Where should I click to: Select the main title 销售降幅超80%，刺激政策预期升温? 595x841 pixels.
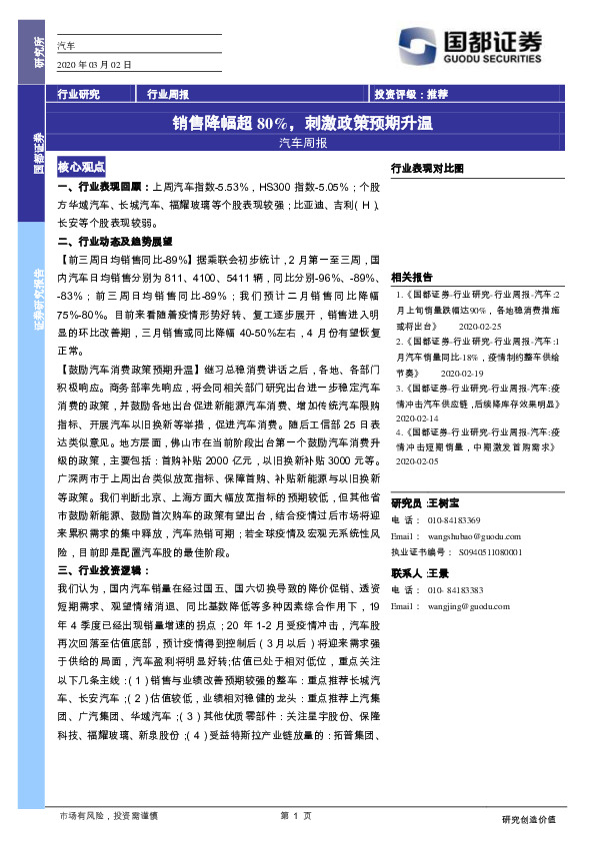tap(302, 124)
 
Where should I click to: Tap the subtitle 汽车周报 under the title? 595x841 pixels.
tap(302, 143)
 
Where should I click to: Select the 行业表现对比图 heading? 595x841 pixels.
tap(427, 169)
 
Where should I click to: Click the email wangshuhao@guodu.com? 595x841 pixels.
tap(465, 535)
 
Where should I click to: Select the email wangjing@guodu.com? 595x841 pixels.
tap(463, 605)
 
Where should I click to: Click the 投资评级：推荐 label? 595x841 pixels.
tap(411, 95)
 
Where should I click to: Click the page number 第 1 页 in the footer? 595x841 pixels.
tap(297, 816)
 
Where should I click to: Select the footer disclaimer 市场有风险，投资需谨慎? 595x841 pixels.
tap(108, 816)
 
